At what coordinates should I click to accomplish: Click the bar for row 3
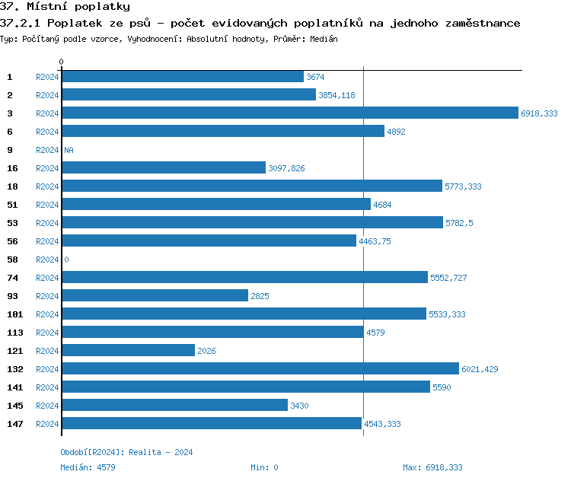coord(289,113)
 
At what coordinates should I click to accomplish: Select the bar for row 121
coord(128,351)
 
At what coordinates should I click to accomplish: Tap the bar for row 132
coord(260,369)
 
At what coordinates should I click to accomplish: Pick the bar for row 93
coord(155,296)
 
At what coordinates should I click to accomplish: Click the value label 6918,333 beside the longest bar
coord(539,113)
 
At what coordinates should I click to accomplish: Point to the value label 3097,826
coord(286,168)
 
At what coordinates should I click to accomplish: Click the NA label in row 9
coord(69,150)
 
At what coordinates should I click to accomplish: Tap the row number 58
coord(12,260)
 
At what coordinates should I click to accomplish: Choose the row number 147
coord(14,424)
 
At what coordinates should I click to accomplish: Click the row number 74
coord(12,278)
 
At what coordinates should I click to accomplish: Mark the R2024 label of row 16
coord(47,168)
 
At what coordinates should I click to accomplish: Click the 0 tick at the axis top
coord(61,62)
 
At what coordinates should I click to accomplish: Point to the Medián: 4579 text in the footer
coord(88,467)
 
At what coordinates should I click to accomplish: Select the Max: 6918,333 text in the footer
coord(432,467)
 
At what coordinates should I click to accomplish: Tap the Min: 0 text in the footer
coord(264,467)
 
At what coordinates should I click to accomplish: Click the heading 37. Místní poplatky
coord(65,7)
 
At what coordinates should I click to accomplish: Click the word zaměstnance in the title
coord(482,23)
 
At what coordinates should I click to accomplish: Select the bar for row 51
coord(215,205)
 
